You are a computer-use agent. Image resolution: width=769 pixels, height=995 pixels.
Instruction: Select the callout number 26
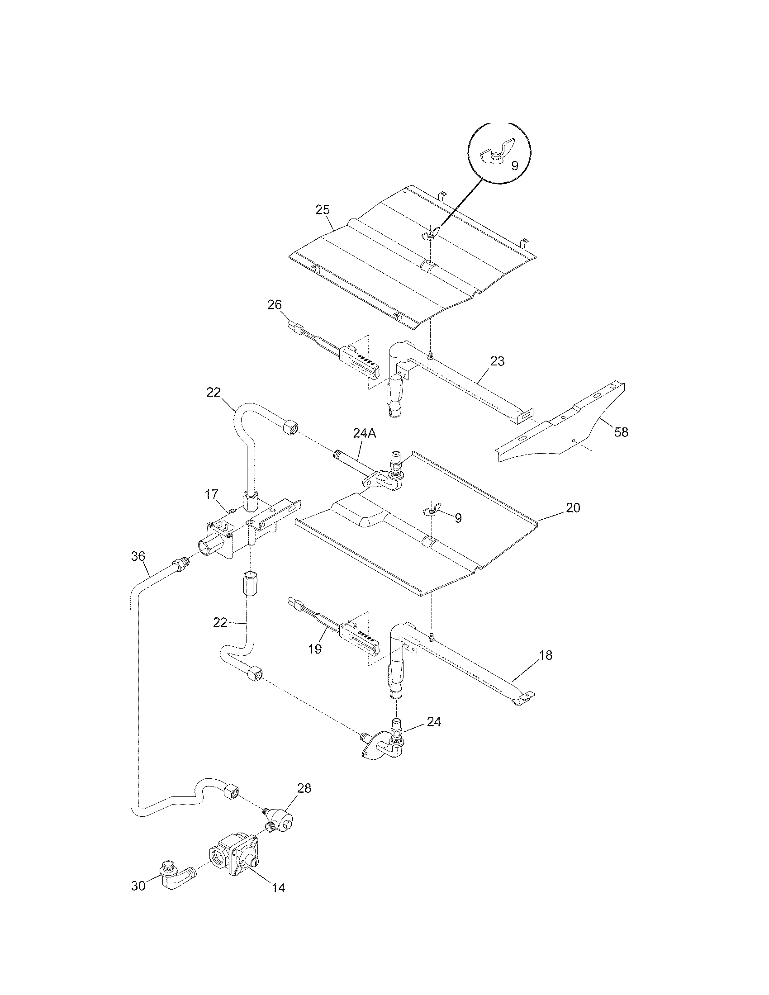(275, 305)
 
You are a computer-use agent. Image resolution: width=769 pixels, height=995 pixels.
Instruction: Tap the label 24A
(365, 433)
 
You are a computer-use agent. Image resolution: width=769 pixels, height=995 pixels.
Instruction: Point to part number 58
(621, 432)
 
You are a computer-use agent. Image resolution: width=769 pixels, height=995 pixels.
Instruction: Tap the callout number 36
(138, 556)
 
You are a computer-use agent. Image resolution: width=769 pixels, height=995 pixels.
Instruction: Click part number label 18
(546, 655)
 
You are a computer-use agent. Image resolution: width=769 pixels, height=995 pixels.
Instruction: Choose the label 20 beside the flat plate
(573, 507)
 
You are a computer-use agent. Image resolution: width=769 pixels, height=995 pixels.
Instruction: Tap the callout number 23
(498, 361)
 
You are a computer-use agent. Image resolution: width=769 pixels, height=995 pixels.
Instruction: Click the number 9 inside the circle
(514, 166)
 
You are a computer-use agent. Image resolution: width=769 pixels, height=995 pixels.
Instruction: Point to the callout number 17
(212, 494)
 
